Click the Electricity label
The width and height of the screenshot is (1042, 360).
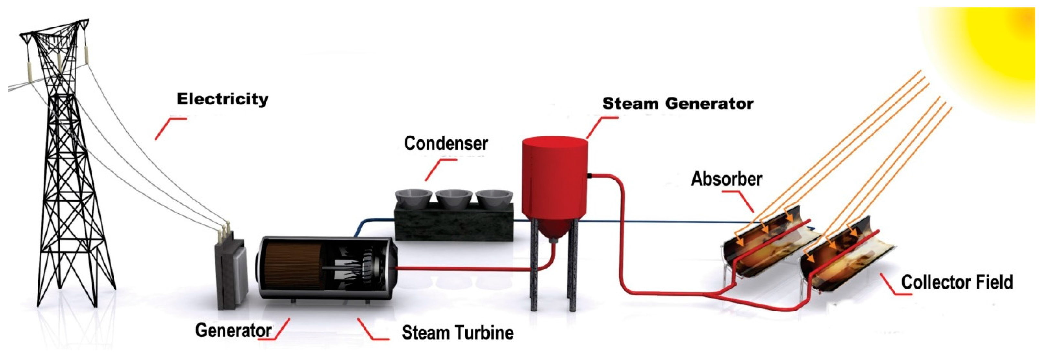coord(223,99)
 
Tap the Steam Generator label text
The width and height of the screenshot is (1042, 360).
coord(678,104)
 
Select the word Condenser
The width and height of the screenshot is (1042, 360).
coord(446,144)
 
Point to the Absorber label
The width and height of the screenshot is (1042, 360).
coord(726,179)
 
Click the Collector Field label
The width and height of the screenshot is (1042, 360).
coord(957,282)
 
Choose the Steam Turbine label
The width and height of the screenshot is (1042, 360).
coord(458,333)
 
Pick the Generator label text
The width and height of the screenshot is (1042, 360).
coord(233,331)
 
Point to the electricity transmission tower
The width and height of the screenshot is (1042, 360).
coord(65,162)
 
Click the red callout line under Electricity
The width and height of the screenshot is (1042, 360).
coord(168,127)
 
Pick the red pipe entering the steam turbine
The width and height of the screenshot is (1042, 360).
coord(457,268)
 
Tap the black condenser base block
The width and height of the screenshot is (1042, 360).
coord(453,223)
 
